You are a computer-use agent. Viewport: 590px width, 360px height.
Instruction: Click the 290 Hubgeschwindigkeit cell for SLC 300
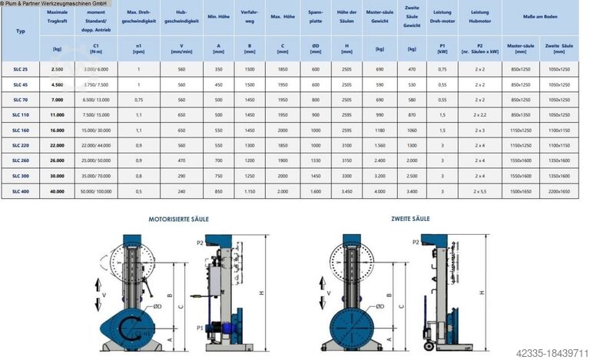pos(181,175)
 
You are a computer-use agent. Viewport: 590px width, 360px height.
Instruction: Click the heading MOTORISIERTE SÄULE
pos(178,219)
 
